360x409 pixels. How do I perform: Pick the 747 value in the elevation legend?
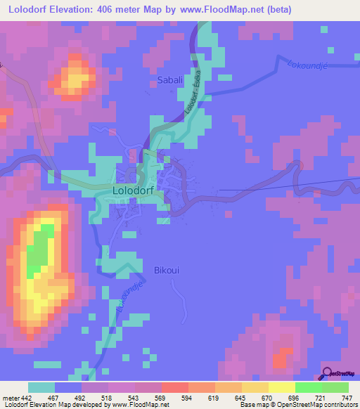click(x=346, y=396)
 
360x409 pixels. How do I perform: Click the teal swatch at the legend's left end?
click(x=41, y=387)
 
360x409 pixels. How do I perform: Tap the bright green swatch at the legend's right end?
click(x=335, y=387)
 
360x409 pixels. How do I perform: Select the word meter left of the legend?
click(x=12, y=396)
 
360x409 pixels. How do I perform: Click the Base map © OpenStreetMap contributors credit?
click(x=297, y=405)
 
